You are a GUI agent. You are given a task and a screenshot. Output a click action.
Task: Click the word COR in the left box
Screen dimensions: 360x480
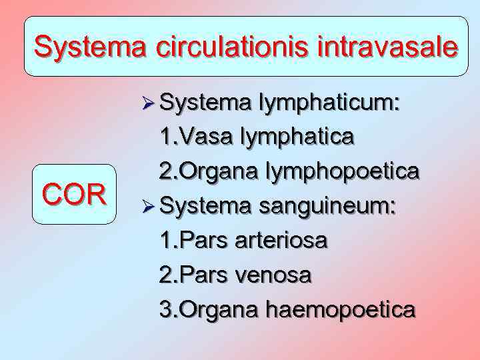pyautogui.click(x=74, y=195)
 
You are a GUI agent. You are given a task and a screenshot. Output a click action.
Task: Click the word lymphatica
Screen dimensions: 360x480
pyautogui.click(x=297, y=138)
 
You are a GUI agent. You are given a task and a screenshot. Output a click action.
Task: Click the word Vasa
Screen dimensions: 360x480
pyautogui.click(x=211, y=138)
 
